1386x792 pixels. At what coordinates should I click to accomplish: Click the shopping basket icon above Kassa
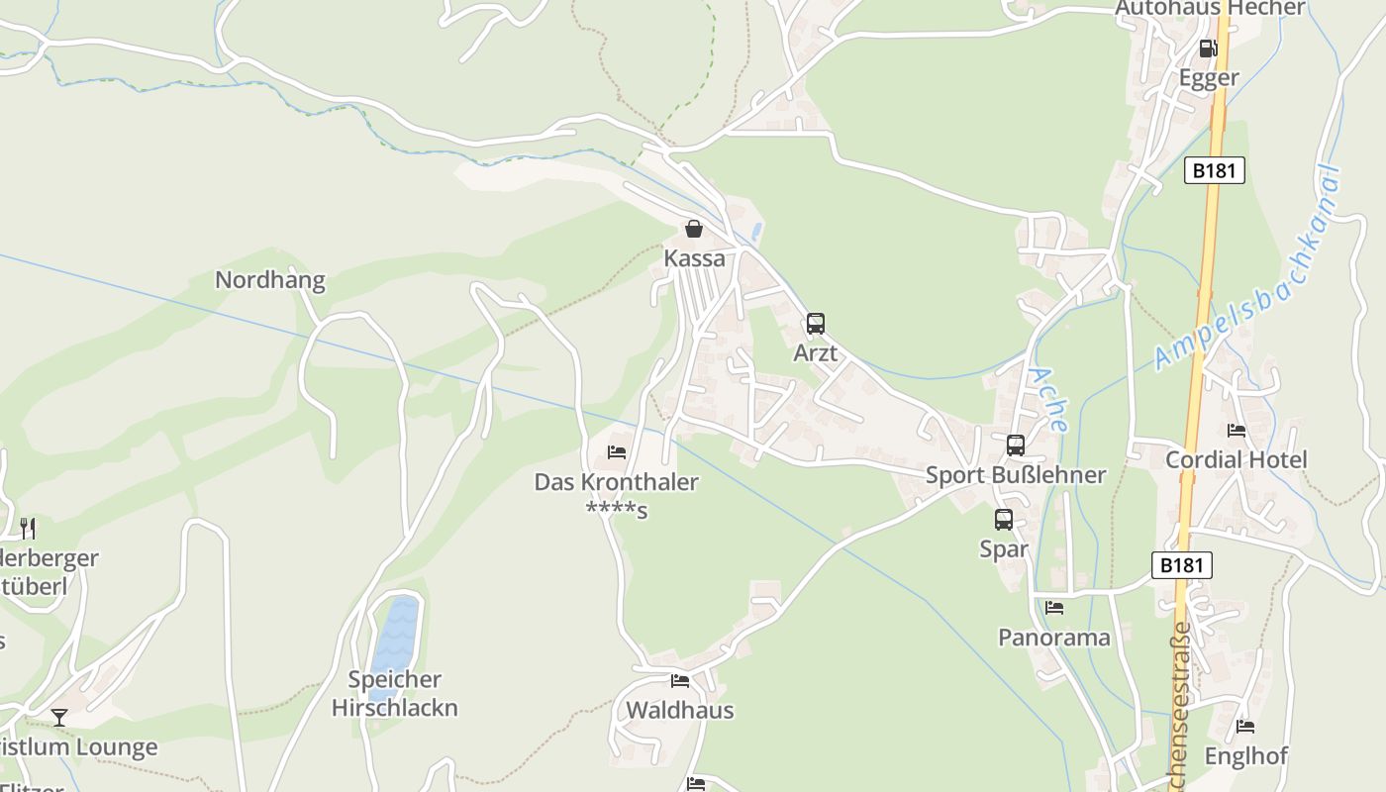point(694,230)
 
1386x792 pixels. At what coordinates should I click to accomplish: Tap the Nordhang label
point(270,280)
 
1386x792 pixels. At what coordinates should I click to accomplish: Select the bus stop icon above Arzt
point(816,323)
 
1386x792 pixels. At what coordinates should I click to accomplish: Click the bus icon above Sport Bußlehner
point(1016,445)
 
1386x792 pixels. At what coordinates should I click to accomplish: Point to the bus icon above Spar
point(1004,519)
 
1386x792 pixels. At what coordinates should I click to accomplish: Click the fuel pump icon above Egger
point(1209,49)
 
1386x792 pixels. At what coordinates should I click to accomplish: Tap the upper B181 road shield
point(1214,170)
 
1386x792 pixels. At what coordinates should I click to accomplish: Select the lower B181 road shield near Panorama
point(1182,565)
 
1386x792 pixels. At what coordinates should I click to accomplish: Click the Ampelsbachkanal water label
point(1249,268)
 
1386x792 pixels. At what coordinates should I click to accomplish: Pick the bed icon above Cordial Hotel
point(1237,431)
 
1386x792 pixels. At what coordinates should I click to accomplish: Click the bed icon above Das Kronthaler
point(617,452)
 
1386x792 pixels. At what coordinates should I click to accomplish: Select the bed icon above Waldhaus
point(680,681)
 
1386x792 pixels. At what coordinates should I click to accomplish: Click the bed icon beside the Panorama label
point(1054,608)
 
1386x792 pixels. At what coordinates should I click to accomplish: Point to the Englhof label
point(1245,756)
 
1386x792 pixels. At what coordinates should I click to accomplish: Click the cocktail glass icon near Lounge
point(59,717)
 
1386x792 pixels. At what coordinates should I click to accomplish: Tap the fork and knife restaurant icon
point(28,529)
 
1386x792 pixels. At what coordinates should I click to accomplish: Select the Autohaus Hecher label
point(1210,9)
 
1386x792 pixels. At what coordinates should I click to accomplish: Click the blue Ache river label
point(1048,400)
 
